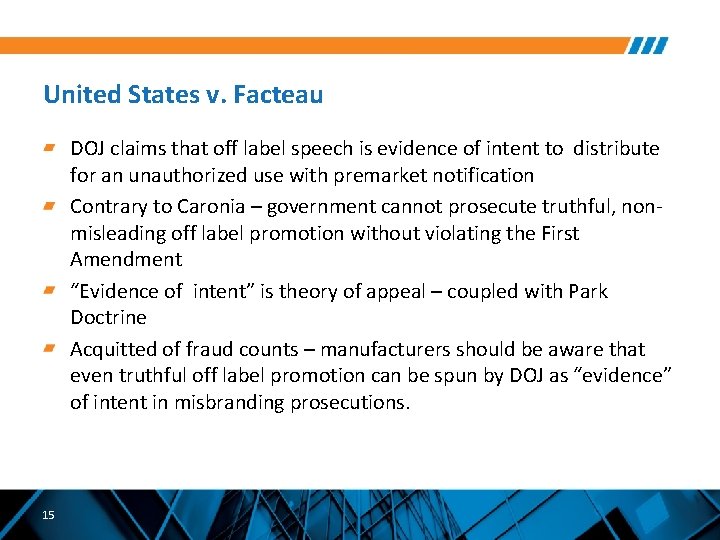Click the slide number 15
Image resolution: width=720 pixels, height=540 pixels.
(49, 515)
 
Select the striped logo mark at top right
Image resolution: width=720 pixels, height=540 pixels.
(648, 46)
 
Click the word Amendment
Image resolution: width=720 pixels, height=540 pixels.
(126, 259)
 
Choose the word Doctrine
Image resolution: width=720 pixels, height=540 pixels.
(108, 317)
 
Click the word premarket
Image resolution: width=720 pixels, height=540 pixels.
(388, 175)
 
